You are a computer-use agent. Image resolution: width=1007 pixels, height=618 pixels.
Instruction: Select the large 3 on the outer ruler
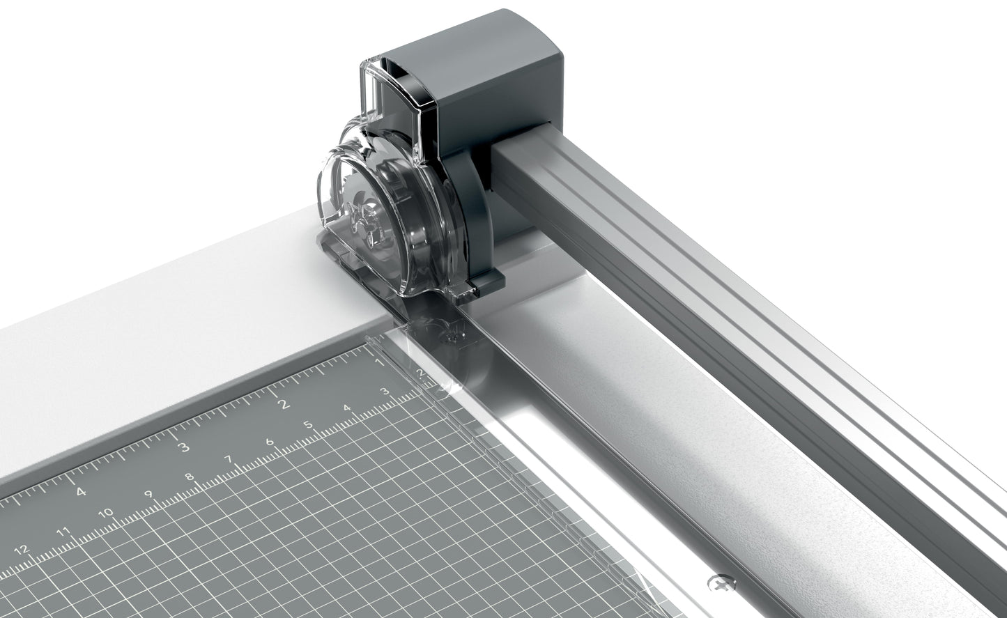(x=184, y=447)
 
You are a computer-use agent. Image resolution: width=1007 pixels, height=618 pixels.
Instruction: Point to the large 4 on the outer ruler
(x=81, y=491)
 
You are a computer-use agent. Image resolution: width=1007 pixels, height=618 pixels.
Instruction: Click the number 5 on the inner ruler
(x=307, y=424)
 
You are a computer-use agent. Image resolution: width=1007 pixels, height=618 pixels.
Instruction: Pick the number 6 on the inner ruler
(x=269, y=442)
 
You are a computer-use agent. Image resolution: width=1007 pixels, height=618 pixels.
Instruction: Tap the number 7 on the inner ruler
(x=229, y=459)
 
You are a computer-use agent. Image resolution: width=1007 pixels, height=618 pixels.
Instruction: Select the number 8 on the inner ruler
(x=189, y=477)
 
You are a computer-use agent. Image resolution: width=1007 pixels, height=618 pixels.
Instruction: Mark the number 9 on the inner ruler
(x=148, y=495)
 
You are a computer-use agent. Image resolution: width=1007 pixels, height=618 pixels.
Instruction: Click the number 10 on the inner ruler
(x=106, y=513)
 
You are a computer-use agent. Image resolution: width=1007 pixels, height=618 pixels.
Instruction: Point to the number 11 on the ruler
(x=63, y=532)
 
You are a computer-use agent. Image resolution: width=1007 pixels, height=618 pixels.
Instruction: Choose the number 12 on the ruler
(x=22, y=550)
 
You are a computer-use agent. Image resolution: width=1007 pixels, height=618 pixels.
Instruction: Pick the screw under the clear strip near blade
(x=454, y=337)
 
